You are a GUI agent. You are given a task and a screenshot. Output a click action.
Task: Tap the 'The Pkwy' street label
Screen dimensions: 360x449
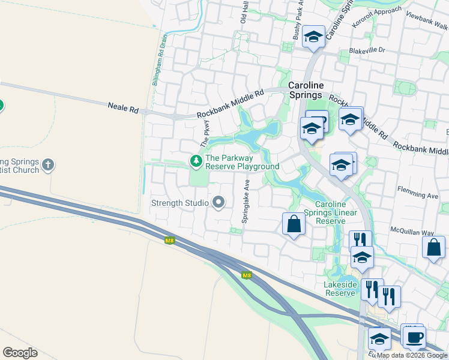tap(205, 134)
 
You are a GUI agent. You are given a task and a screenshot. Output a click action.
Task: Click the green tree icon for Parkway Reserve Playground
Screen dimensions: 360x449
tap(196, 161)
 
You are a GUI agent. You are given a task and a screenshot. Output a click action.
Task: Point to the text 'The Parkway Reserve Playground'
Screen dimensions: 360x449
tap(242, 163)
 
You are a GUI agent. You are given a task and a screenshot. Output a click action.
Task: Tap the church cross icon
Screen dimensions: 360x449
tap(49, 163)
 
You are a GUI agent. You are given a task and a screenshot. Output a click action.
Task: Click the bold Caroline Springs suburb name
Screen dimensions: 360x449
tap(306, 90)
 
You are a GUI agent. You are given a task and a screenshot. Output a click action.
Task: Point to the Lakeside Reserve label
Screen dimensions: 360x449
tap(341, 289)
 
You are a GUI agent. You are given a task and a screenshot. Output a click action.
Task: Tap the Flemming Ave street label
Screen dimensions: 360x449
tap(418, 195)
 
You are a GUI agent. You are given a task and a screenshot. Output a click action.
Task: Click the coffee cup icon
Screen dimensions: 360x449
tap(414, 337)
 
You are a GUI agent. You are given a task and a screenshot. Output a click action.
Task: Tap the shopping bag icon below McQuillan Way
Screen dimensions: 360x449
tap(433, 247)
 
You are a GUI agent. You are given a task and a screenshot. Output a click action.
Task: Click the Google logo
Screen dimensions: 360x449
tap(20, 353)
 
